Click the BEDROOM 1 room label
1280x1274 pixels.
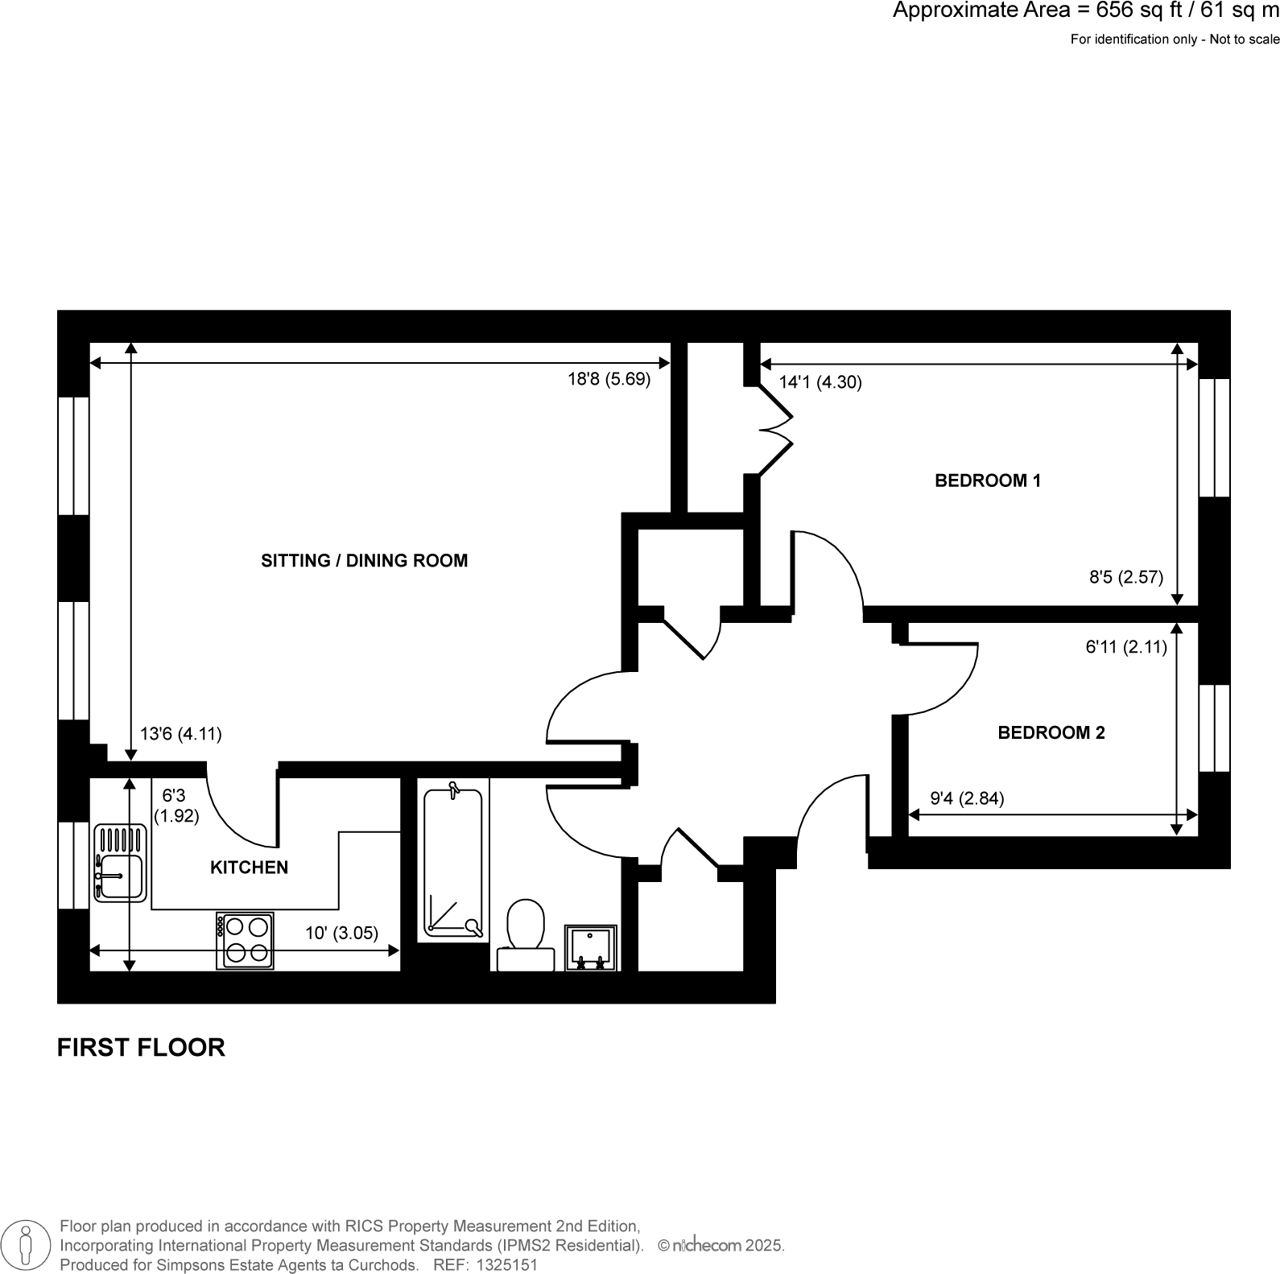click(x=987, y=480)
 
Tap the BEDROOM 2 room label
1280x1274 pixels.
click(x=1051, y=732)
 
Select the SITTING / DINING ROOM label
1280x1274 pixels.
click(x=364, y=560)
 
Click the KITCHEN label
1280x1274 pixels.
click(x=249, y=867)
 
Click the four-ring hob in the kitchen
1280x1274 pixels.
click(x=245, y=940)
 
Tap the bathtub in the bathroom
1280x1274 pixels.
click(x=453, y=864)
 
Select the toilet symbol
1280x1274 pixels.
click(x=526, y=934)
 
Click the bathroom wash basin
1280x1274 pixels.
click(x=590, y=947)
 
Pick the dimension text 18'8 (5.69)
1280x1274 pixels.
click(x=609, y=379)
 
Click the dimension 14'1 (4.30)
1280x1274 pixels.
click(x=820, y=382)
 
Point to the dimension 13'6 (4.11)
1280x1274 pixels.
click(x=180, y=734)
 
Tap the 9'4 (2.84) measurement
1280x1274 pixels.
click(x=967, y=798)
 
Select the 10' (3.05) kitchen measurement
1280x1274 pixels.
click(x=341, y=933)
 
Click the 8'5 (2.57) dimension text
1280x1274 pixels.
click(x=1125, y=576)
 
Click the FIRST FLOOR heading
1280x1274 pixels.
click(x=141, y=1047)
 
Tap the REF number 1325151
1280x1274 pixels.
click(x=508, y=1264)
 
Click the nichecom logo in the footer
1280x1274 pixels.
click(x=707, y=1245)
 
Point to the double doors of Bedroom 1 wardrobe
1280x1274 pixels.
click(x=774, y=430)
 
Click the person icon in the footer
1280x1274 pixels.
click(x=27, y=1244)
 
